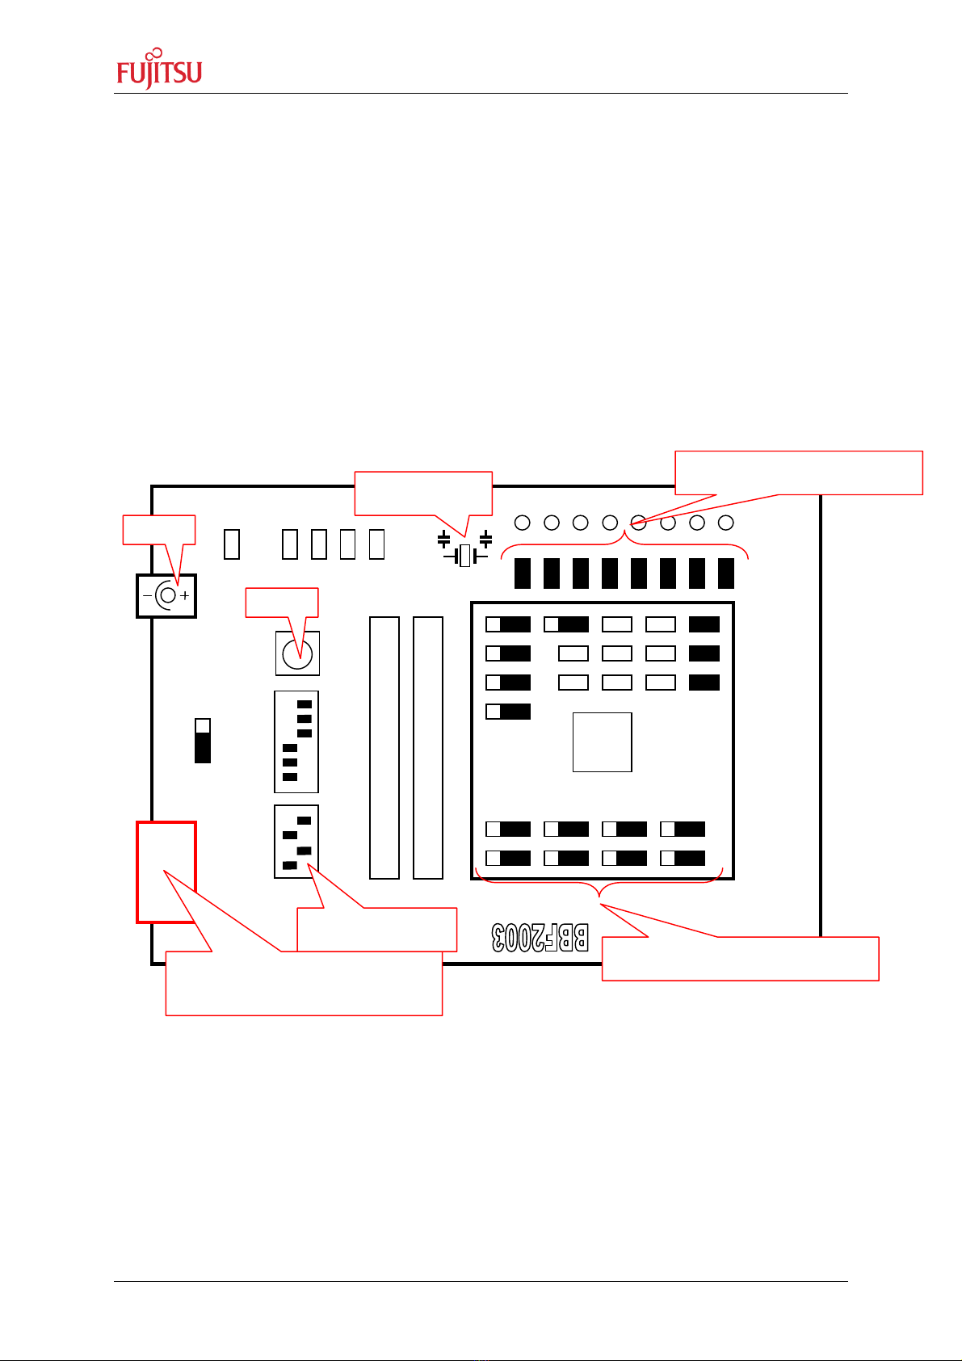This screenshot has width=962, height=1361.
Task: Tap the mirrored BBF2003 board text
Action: [x=540, y=937]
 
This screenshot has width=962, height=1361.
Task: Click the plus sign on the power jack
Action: [x=185, y=596]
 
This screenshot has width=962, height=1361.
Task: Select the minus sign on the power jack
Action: [x=147, y=596]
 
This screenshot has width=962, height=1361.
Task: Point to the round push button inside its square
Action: [x=297, y=653]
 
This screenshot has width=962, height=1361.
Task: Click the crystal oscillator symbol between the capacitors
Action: [x=464, y=556]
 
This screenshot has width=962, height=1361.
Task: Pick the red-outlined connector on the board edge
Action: [x=166, y=872]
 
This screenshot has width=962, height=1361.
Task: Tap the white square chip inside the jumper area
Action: [x=602, y=741]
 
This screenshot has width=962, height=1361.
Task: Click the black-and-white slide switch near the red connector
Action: [x=203, y=740]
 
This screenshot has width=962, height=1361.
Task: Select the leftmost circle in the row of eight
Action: [x=523, y=523]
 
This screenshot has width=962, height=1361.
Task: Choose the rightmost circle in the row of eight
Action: [x=726, y=523]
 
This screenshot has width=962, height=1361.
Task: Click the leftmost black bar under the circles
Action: [x=523, y=573]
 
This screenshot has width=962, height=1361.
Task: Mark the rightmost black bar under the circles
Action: [x=726, y=573]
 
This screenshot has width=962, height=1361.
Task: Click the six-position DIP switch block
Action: [x=296, y=741]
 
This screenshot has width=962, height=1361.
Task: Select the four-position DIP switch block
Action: [x=296, y=842]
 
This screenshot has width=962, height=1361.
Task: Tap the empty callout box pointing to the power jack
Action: [x=158, y=528]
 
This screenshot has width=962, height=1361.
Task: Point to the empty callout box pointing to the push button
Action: [x=281, y=603]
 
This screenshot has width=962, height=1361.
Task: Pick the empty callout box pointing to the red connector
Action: [x=304, y=983]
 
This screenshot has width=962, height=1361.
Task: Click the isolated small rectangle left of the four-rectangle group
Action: [x=232, y=544]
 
